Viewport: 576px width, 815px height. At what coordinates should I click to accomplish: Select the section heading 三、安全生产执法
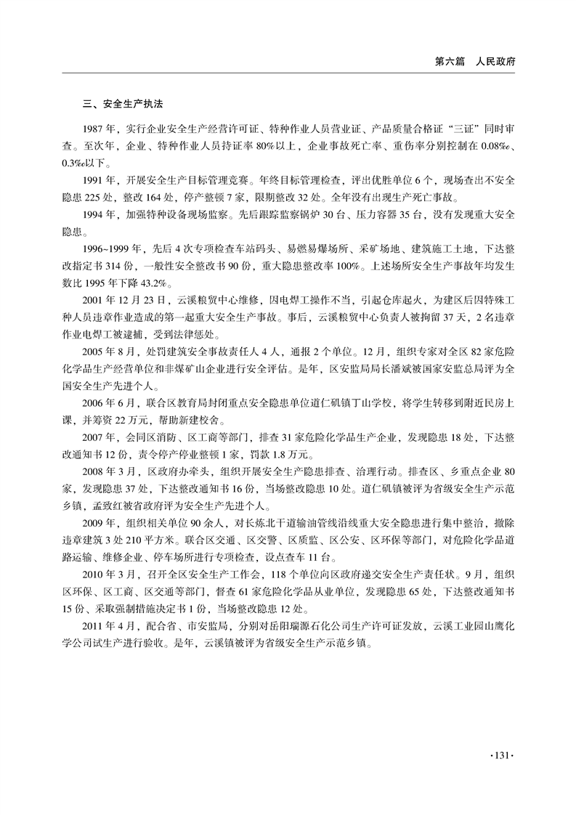click(x=121, y=104)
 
